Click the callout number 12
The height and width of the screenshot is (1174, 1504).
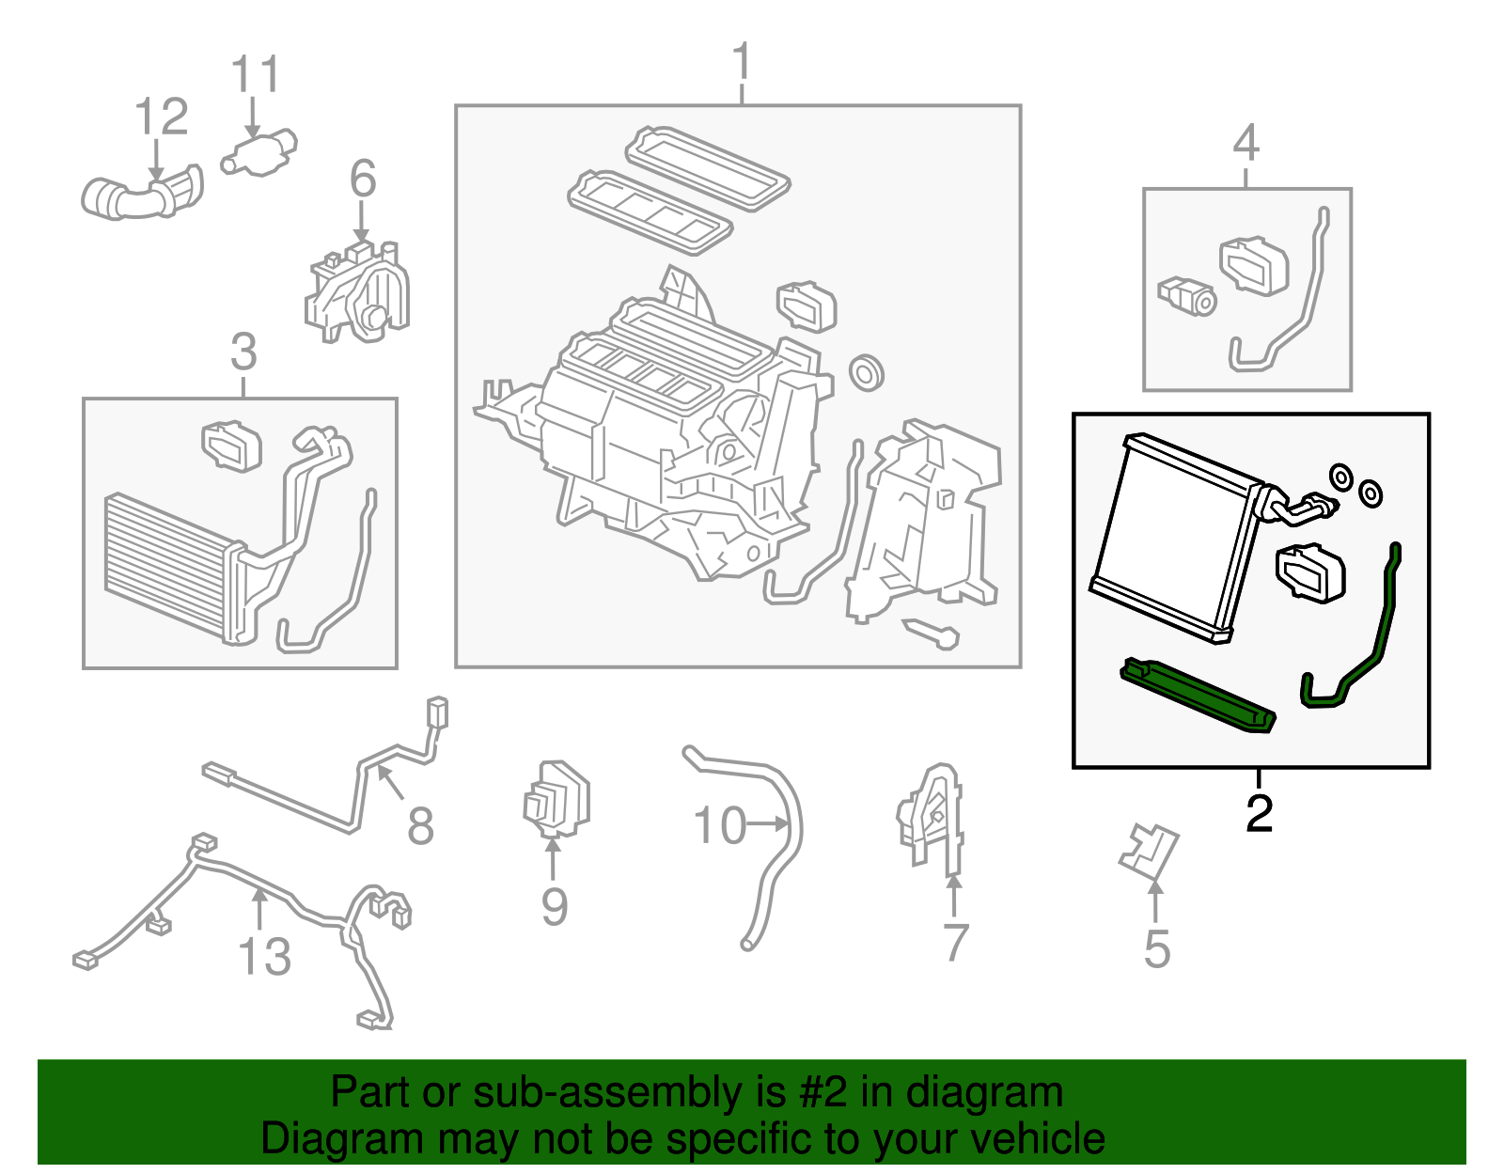pos(162,118)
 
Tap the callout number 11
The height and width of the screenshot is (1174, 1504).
pos(255,75)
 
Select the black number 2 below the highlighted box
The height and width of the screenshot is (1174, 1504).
pos(1259,814)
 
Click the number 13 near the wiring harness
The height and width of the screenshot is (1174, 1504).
pos(264,958)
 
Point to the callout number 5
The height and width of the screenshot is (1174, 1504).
pos(1157,949)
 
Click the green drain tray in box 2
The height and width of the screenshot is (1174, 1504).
pos(1198,696)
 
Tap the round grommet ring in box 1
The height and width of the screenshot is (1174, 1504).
pos(866,373)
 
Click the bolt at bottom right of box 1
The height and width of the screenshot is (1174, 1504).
pos(932,634)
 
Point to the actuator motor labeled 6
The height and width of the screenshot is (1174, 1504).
pos(362,291)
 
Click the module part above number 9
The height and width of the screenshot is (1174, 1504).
pos(556,799)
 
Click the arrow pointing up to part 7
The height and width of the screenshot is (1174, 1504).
pos(953,893)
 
